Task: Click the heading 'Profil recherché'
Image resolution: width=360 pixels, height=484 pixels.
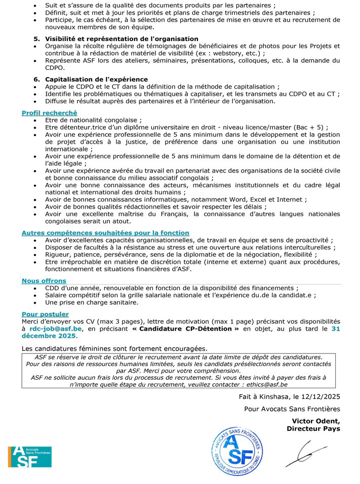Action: pos(49,113)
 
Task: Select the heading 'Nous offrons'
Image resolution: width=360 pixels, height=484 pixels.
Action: pos(44,280)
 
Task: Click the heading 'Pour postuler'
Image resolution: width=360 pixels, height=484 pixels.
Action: pos(45,314)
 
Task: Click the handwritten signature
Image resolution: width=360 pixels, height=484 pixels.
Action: pos(305,453)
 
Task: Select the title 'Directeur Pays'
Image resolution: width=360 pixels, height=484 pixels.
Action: pos(313,428)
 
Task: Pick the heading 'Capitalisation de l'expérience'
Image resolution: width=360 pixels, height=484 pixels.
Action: pos(96,79)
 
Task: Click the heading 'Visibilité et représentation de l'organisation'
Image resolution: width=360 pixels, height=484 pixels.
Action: pos(122,38)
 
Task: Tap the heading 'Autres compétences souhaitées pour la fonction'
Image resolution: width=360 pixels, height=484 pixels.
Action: pos(105,232)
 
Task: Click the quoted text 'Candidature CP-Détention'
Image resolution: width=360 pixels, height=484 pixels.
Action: pos(185,329)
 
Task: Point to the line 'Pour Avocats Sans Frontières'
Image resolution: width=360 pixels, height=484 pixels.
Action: pos(292,409)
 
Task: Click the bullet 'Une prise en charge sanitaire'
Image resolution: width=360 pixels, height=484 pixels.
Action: pos(92,302)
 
